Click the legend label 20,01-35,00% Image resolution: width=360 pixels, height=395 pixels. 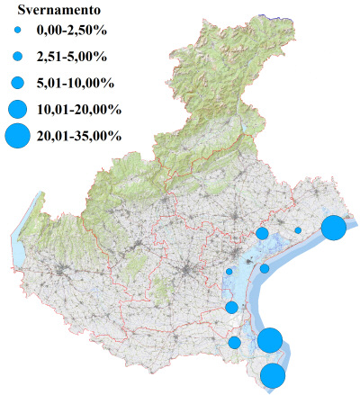79,136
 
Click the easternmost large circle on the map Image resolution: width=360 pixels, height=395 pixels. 334,228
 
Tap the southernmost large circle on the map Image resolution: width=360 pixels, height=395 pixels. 274,376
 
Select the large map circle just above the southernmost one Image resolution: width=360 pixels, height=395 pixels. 270,340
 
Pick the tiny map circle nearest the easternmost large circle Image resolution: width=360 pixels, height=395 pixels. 298,230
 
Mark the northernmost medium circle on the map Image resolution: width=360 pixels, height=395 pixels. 262,233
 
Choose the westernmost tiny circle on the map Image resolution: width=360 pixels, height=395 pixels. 229,271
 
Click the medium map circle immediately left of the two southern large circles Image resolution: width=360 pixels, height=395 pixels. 235,342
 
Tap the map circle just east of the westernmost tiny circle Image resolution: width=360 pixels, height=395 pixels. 265,268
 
